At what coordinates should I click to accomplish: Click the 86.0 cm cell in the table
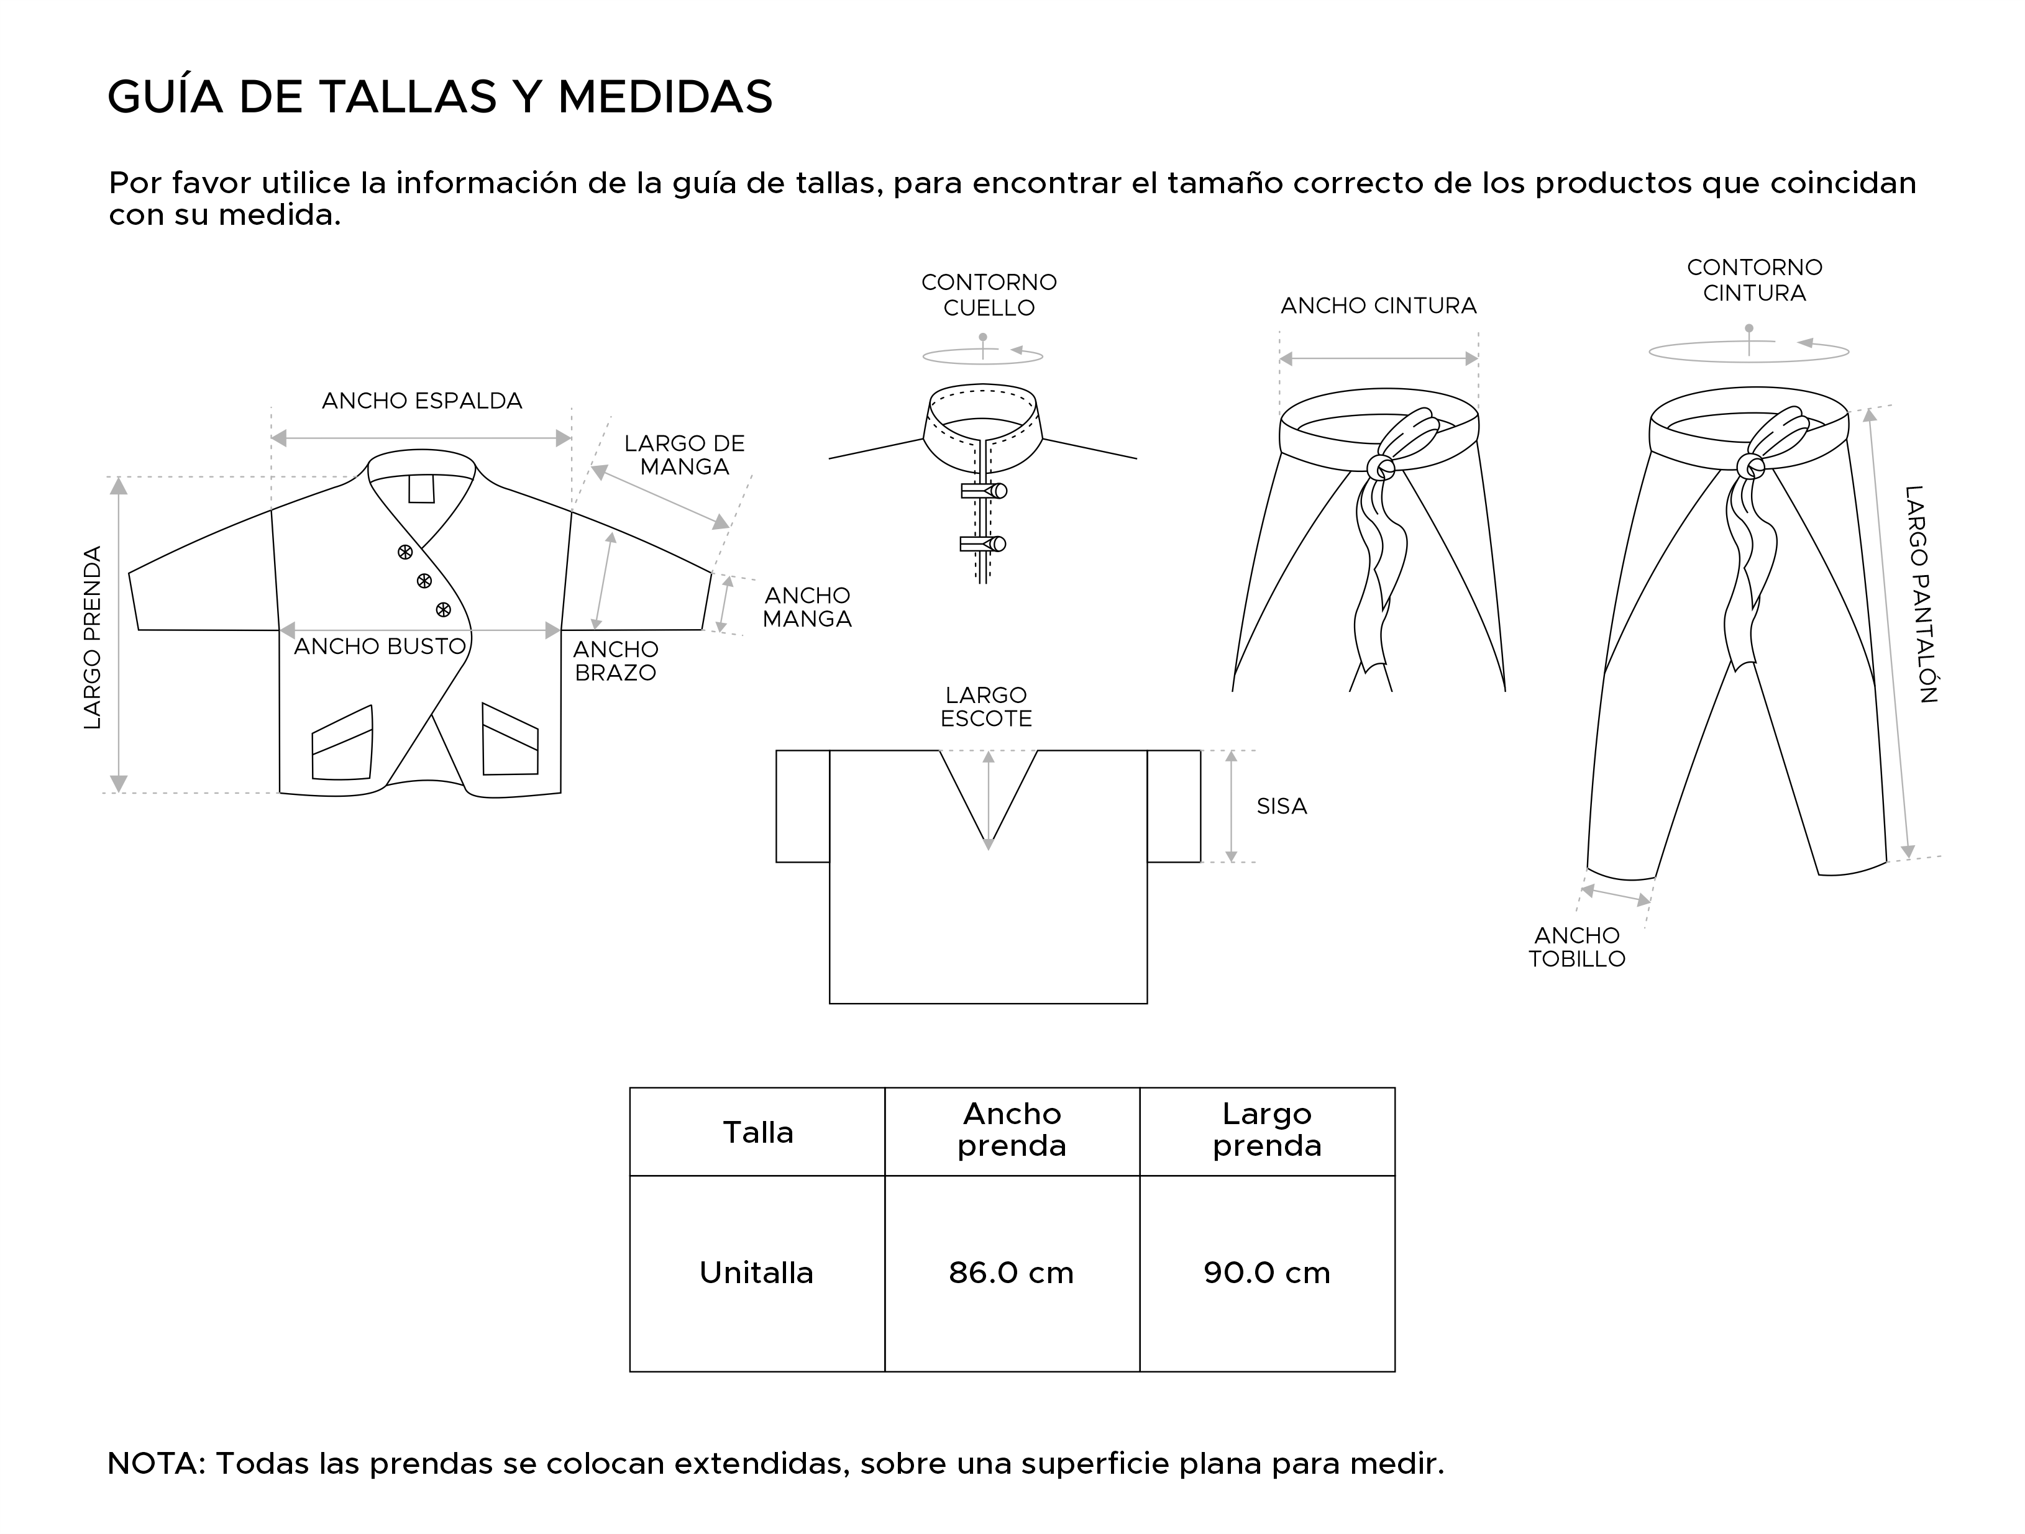pyautogui.click(x=1011, y=1273)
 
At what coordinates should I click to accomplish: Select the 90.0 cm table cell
pyautogui.click(x=1266, y=1273)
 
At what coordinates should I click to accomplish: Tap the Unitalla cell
pyautogui.click(x=756, y=1273)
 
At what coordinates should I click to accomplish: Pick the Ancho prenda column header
pyautogui.click(x=1012, y=1130)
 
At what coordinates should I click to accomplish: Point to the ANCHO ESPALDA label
pyautogui.click(x=422, y=401)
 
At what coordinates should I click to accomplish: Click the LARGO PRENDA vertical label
pyautogui.click(x=93, y=637)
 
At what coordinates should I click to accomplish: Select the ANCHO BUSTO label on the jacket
pyautogui.click(x=380, y=646)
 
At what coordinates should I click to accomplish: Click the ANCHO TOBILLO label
pyautogui.click(x=1576, y=946)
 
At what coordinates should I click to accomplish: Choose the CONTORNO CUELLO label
pyautogui.click(x=989, y=295)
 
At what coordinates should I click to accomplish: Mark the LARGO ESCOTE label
pyautogui.click(x=986, y=707)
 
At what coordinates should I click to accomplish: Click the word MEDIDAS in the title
pyautogui.click(x=665, y=97)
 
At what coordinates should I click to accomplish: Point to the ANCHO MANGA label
pyautogui.click(x=807, y=607)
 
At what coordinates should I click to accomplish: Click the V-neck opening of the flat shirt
pyautogui.click(x=988, y=787)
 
